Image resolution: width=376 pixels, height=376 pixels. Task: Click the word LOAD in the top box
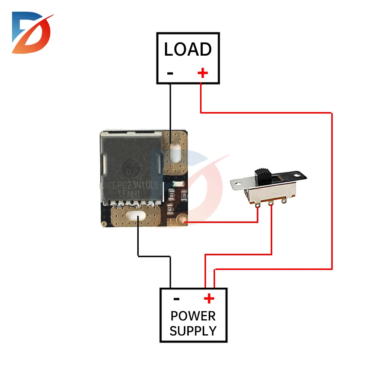click(x=188, y=50)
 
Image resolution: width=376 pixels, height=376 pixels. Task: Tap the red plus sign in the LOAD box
click(x=203, y=73)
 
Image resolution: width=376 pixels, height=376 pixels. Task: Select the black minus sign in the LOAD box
click(x=170, y=73)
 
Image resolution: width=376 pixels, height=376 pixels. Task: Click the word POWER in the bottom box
click(x=193, y=316)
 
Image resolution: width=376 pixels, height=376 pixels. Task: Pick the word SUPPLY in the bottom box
click(x=193, y=331)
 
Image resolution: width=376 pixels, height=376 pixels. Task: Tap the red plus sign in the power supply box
click(x=209, y=299)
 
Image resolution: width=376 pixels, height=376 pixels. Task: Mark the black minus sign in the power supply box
click(x=176, y=299)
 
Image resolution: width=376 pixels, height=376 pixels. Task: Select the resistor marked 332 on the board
click(x=184, y=196)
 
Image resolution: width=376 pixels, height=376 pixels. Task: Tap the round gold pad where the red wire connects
click(x=182, y=218)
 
